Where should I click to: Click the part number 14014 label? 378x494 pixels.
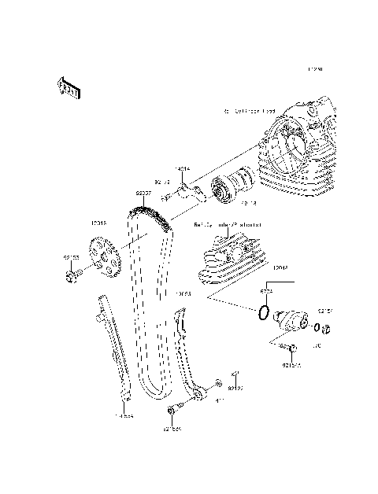[183, 168]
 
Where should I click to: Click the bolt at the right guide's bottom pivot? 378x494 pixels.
[173, 410]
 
